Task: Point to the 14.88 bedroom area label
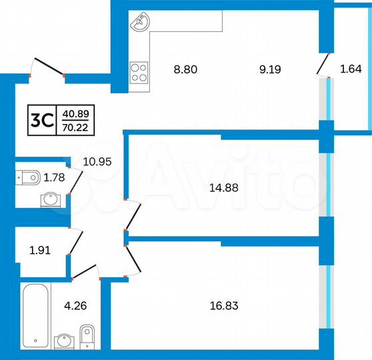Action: click(x=223, y=187)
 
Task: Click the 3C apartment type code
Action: click(x=43, y=120)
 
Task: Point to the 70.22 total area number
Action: click(x=75, y=127)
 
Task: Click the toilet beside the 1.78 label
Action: click(x=28, y=177)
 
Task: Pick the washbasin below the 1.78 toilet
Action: click(x=49, y=199)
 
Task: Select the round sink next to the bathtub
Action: click(x=64, y=340)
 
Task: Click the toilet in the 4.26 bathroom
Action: click(x=87, y=336)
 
